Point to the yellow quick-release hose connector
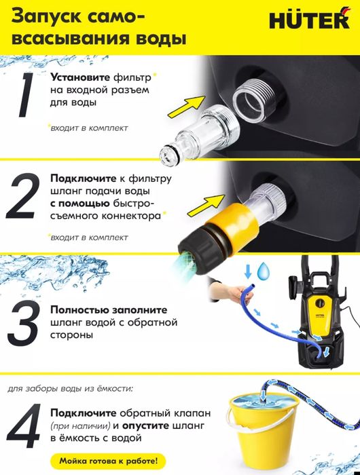(x=213, y=233)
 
